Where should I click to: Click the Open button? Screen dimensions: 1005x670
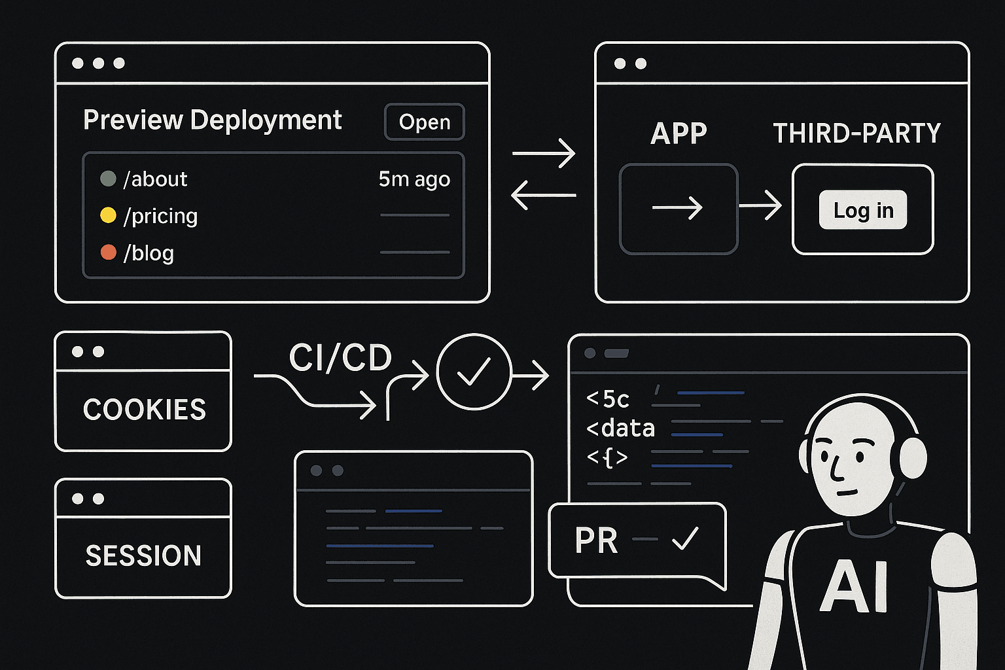tap(425, 122)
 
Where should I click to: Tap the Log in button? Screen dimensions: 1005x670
tap(863, 209)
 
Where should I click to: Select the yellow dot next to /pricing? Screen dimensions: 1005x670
tap(108, 215)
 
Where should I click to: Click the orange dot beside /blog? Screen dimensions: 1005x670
tap(108, 252)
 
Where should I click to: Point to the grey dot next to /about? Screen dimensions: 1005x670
tap(108, 179)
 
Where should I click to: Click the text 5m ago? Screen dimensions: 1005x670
tap(414, 179)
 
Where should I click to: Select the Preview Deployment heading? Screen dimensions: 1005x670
tap(212, 120)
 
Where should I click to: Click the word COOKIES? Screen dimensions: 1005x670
tap(145, 410)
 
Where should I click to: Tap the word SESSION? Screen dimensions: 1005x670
tap(143, 555)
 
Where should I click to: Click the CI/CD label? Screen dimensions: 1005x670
tap(340, 358)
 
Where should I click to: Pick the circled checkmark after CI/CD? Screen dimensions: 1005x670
tap(474, 372)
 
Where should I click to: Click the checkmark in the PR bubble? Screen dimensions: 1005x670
tap(685, 538)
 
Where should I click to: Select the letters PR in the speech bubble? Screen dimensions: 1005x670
tap(596, 540)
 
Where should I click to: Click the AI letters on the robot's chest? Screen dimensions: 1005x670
tap(855, 586)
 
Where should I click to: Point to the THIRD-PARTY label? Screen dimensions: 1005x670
tap(857, 133)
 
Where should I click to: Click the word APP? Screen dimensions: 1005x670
tap(679, 133)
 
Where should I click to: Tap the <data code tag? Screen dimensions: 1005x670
tap(620, 429)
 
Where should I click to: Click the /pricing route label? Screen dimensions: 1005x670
tap(160, 217)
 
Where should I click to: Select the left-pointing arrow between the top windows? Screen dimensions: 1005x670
tap(544, 195)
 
